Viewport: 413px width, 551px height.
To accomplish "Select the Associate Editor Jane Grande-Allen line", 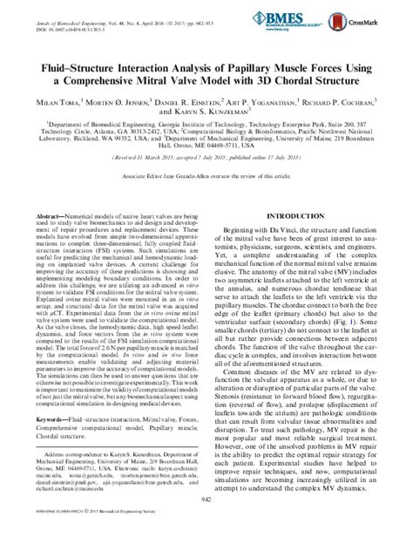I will pos(206,175).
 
